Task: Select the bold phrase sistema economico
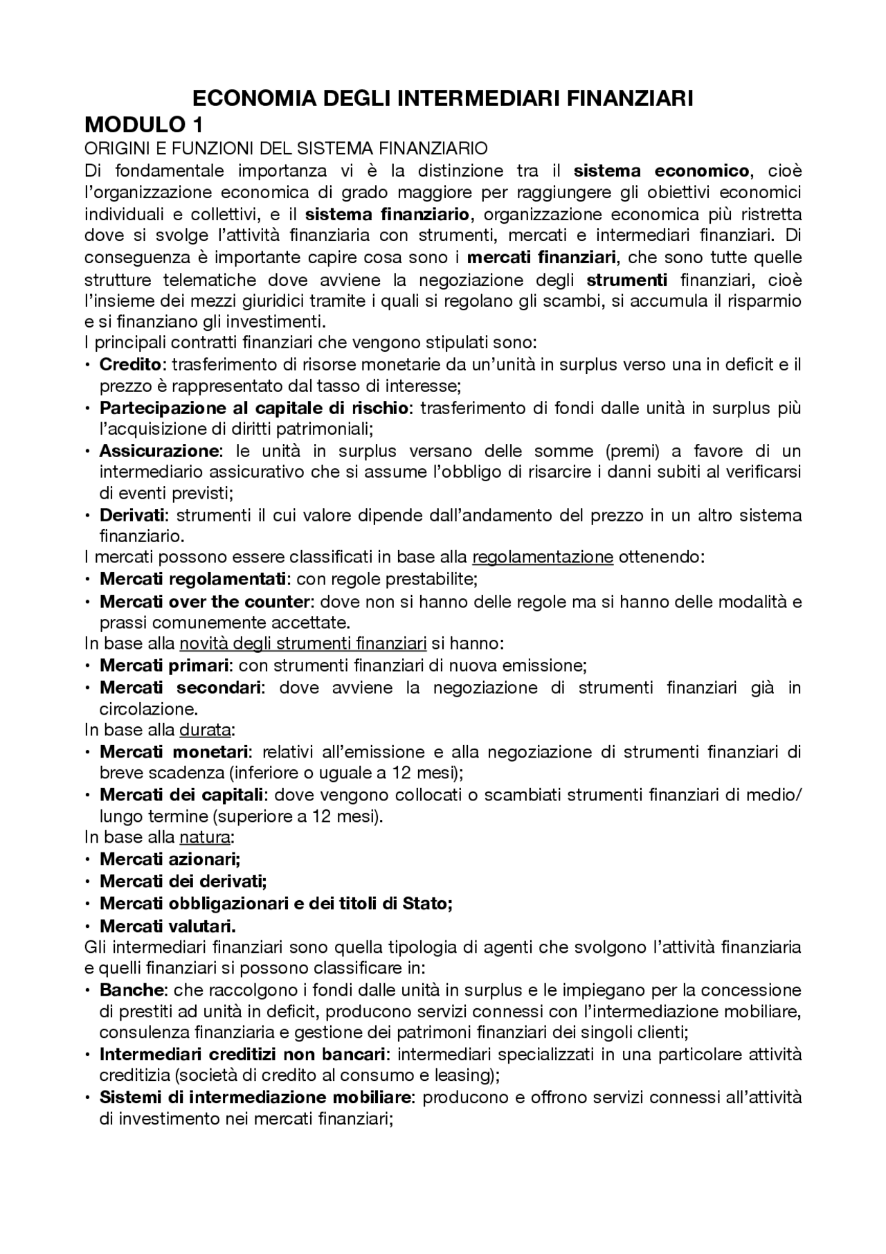click(662, 170)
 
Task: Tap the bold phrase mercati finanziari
click(542, 258)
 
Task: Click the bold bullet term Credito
click(130, 364)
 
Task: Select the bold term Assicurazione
click(159, 451)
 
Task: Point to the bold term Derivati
click(132, 515)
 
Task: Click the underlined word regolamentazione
click(543, 557)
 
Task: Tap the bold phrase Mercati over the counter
click(204, 601)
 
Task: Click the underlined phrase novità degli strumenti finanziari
click(302, 644)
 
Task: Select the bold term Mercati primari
click(164, 665)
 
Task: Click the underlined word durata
click(205, 730)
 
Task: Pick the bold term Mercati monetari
click(174, 751)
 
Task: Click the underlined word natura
click(204, 837)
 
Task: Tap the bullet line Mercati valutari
click(168, 926)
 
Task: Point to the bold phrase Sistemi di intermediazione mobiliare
click(256, 1098)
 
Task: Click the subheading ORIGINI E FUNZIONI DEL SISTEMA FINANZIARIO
click(286, 148)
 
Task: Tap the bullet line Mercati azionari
click(170, 859)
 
